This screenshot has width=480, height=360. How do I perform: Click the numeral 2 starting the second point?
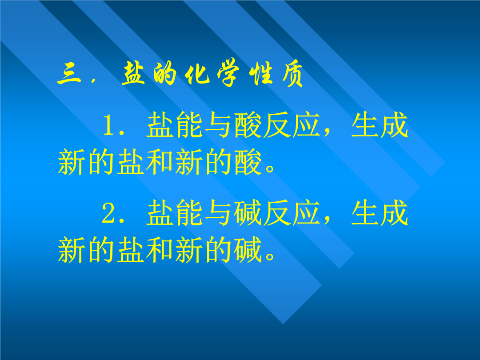coord(109,212)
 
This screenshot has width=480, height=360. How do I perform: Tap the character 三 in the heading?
coord(69,74)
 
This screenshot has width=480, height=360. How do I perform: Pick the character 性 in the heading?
coord(260,73)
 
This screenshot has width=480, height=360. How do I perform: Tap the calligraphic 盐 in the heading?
coord(133,73)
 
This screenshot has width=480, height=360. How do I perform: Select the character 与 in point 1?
coord(218,125)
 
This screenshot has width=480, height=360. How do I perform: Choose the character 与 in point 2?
coord(218,213)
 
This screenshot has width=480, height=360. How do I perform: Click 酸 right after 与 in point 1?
coord(248,125)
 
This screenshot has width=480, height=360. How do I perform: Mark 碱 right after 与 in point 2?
coord(248,213)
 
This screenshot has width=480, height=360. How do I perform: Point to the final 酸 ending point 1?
coord(248,162)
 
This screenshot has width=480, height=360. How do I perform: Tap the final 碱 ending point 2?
coord(248,250)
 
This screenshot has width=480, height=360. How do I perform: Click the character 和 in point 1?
coord(159,162)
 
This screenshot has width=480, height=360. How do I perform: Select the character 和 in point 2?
coord(159,250)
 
